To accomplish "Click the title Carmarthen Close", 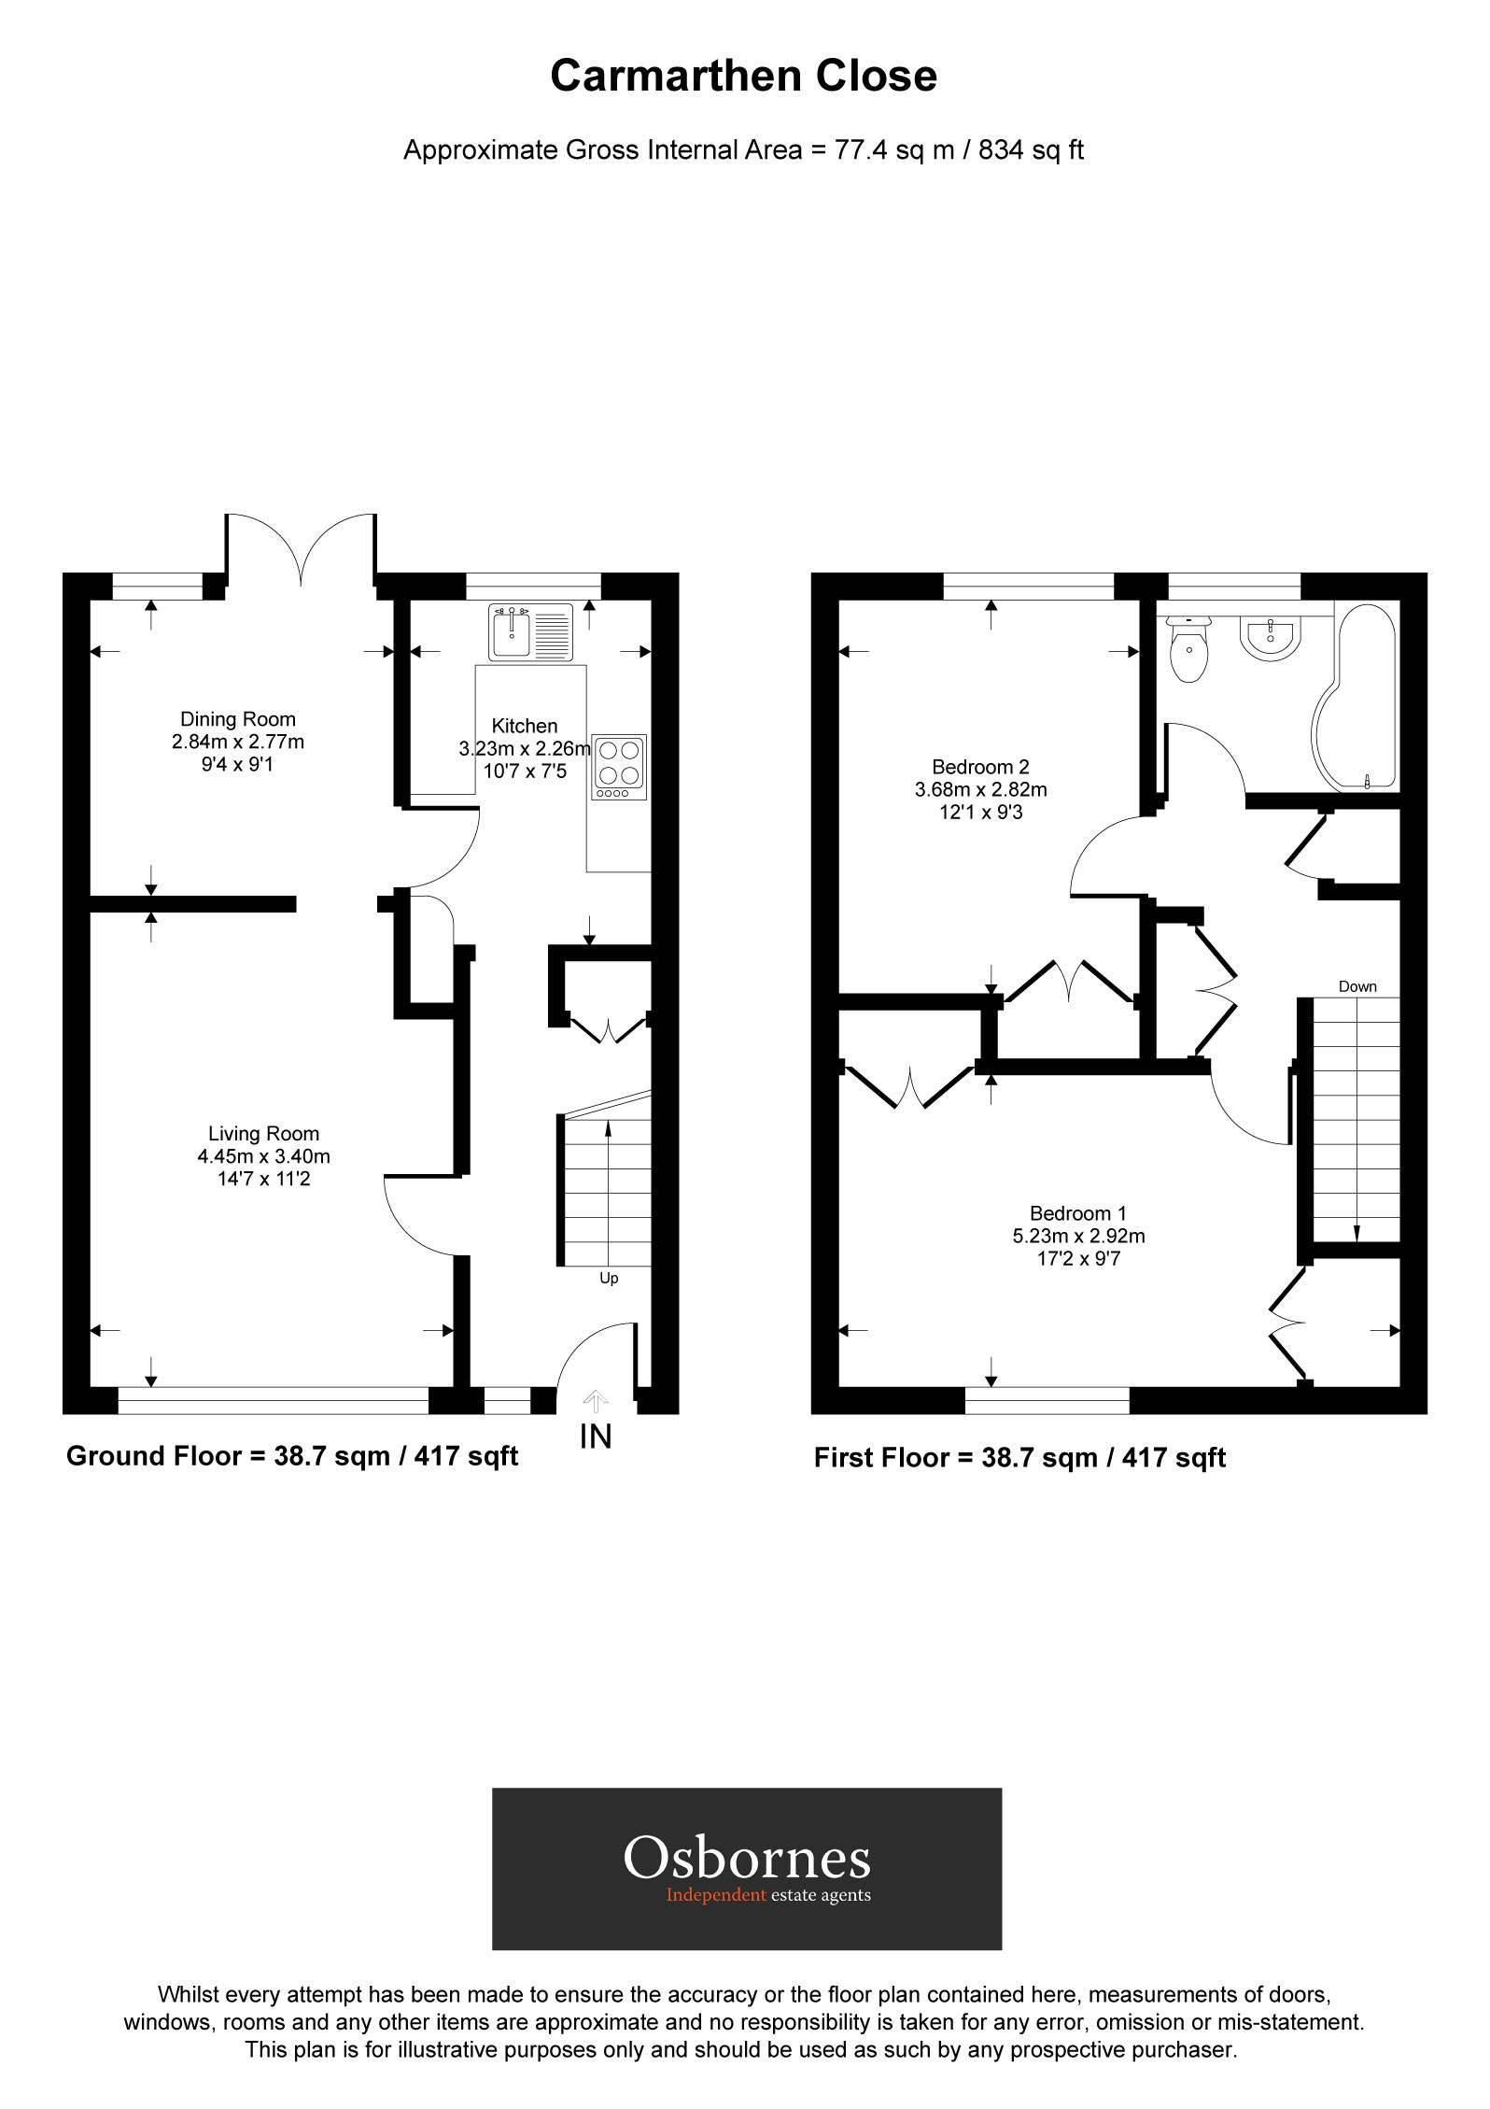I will point(743,76).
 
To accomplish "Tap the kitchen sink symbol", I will point(529,632).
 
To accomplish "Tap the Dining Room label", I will point(237,719).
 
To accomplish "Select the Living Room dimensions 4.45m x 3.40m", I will point(263,1156).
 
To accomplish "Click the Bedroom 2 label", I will point(980,767).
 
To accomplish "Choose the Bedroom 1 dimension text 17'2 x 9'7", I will point(1078,1258).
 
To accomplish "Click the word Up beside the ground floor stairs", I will point(609,1278).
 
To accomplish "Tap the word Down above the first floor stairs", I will point(1357,986).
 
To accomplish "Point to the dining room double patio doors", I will point(301,551).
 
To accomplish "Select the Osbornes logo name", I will point(747,1858).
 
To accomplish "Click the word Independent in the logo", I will point(716,1895).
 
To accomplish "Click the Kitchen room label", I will point(525,726).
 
